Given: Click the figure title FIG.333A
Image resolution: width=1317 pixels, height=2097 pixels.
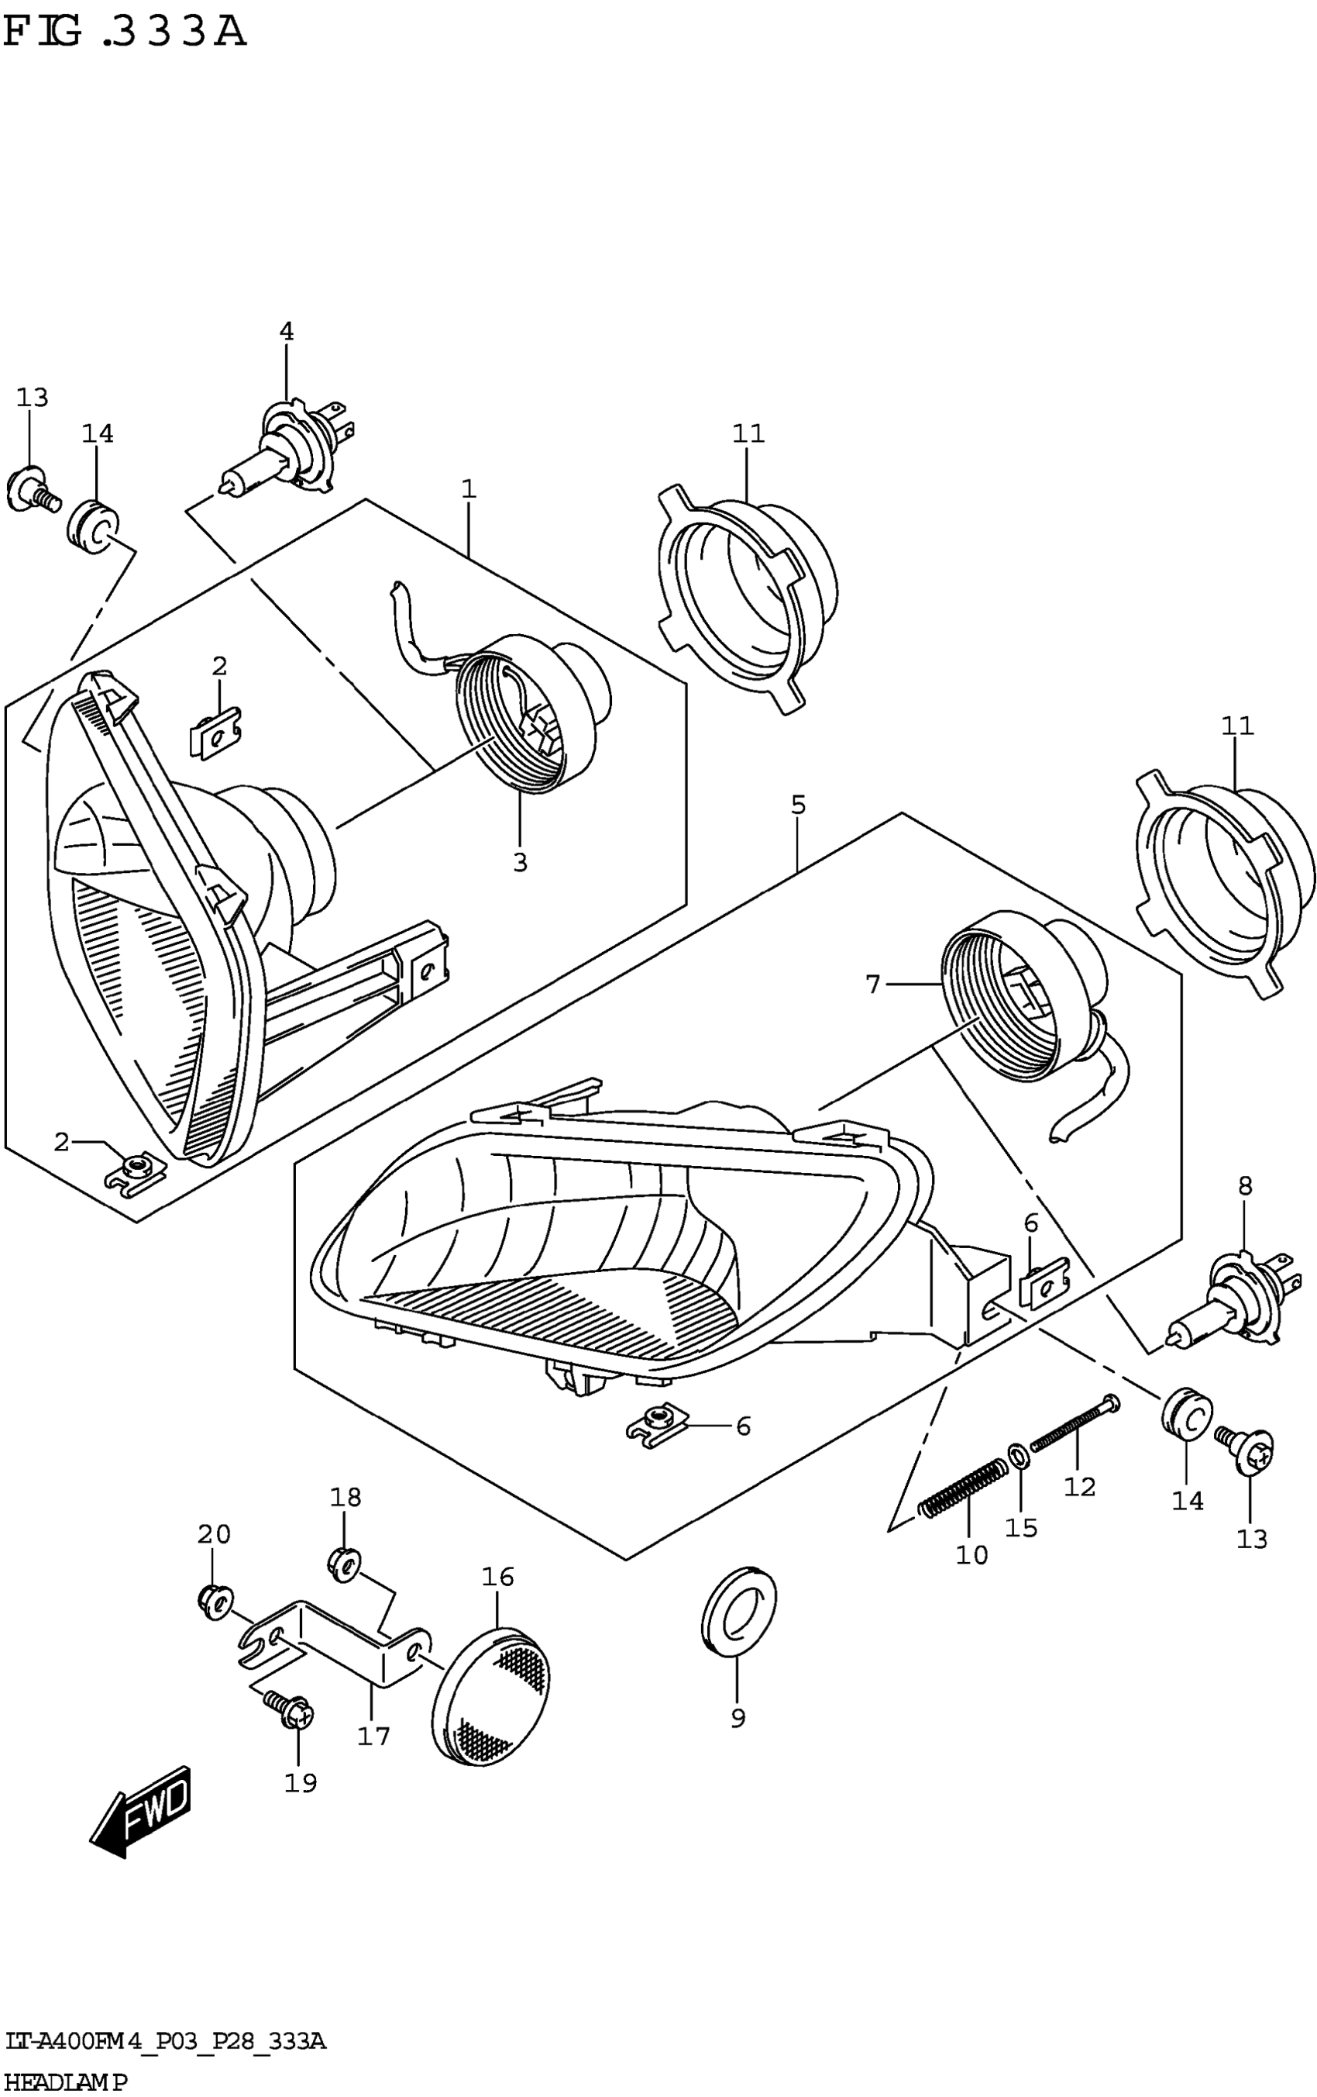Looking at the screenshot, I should tap(125, 33).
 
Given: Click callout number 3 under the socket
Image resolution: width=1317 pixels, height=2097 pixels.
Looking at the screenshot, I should tap(520, 862).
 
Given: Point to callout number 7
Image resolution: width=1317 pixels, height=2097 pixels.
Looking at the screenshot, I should tap(873, 984).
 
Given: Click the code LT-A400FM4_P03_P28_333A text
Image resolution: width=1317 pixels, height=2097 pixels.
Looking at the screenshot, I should tap(165, 2040).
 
